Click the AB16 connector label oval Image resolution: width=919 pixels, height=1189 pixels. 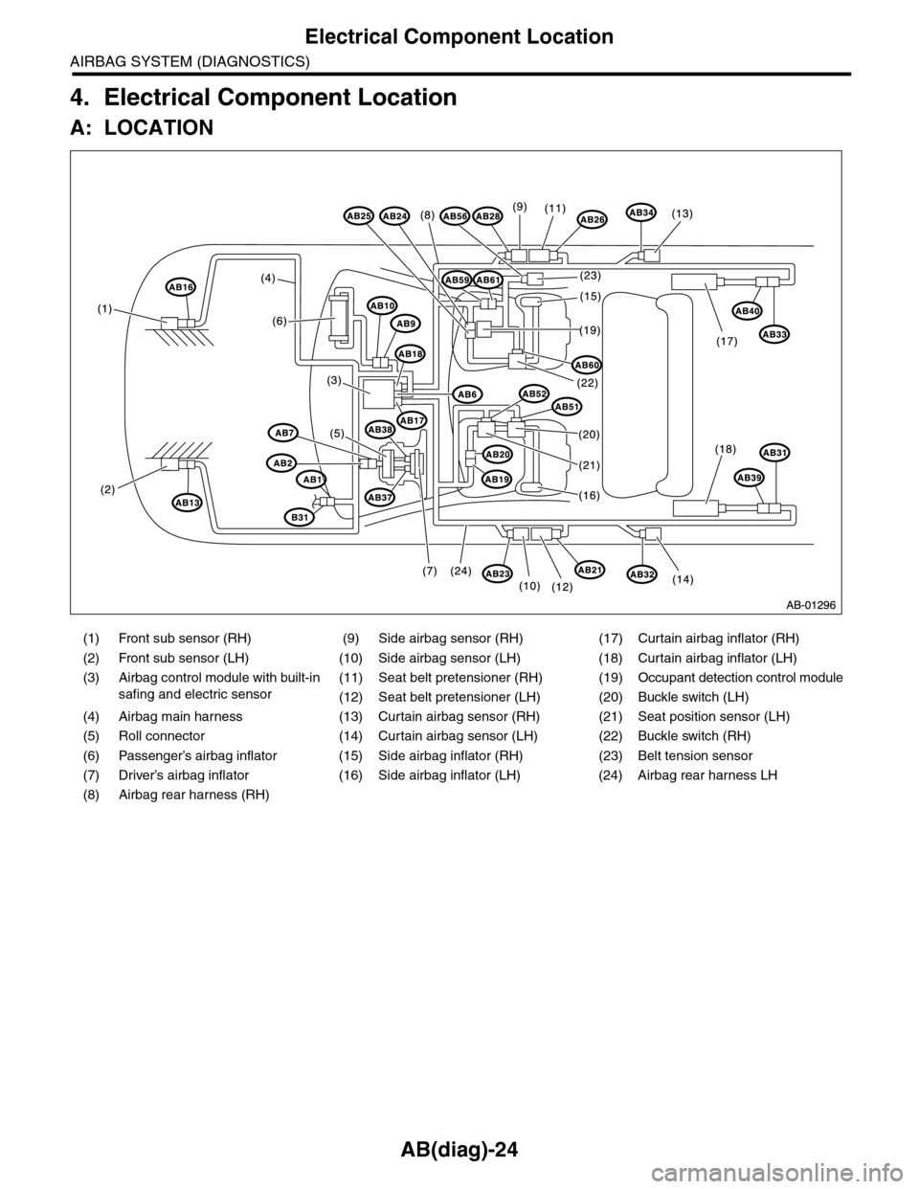pos(181,286)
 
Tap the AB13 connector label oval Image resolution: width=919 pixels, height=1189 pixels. pos(187,502)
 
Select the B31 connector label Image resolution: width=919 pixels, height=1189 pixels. pos(300,517)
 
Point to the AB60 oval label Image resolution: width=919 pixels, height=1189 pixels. pos(587,365)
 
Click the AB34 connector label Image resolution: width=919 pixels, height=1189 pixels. pos(641,212)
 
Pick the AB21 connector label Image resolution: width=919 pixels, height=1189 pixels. pos(590,570)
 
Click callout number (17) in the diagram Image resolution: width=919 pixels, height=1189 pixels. pos(728,342)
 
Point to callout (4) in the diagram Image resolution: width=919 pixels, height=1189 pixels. pos(267,278)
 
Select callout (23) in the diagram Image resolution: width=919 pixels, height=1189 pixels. pos(591,277)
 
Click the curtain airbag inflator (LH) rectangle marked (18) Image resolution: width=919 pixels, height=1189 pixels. pos(695,507)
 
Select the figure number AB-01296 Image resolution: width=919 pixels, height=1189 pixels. pos(812,605)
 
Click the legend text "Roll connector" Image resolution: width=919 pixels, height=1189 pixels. pos(162,736)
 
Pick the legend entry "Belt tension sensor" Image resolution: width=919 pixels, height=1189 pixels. pos(695,755)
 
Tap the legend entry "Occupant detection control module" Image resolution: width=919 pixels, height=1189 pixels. pos(740,678)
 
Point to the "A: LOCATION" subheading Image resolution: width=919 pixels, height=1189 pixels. pos(142,128)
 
